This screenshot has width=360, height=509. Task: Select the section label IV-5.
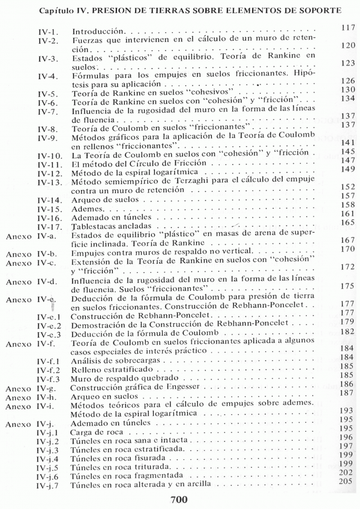pos(49,90)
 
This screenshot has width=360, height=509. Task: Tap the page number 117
pos(348,28)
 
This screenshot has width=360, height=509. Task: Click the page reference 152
pos(348,186)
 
